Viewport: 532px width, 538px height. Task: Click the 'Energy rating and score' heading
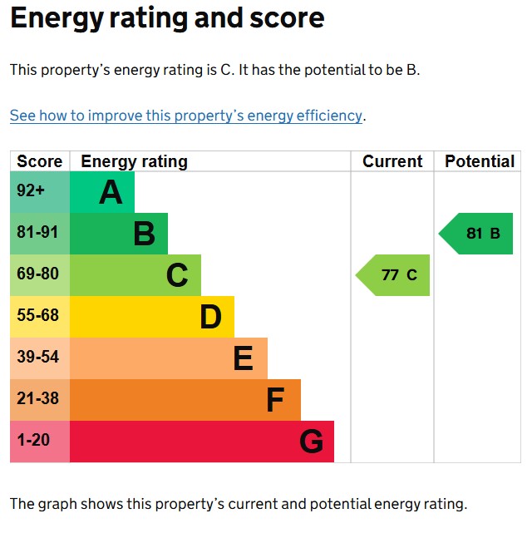(167, 18)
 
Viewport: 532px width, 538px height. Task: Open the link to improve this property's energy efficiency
(186, 116)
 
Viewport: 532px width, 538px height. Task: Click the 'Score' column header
(40, 161)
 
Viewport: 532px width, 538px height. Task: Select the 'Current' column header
(392, 161)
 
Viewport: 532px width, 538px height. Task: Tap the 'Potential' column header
(480, 161)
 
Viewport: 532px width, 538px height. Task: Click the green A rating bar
(102, 192)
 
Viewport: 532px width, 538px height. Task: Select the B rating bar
(119, 234)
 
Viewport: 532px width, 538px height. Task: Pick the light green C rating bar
(135, 275)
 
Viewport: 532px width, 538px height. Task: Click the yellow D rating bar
(152, 317)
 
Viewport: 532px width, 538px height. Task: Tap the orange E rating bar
(169, 358)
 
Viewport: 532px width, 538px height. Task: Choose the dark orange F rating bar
(185, 400)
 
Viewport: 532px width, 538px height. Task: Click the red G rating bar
(202, 442)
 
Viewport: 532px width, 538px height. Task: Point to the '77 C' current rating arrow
(395, 275)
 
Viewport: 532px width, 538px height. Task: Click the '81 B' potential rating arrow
(478, 234)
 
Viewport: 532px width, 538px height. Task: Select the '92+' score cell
(40, 192)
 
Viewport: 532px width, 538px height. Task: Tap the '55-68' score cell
(40, 317)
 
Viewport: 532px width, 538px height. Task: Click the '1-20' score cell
(40, 442)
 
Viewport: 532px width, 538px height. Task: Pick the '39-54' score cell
(40, 358)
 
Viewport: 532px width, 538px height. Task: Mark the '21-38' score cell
(40, 400)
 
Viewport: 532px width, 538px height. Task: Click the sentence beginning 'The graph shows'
(239, 503)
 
